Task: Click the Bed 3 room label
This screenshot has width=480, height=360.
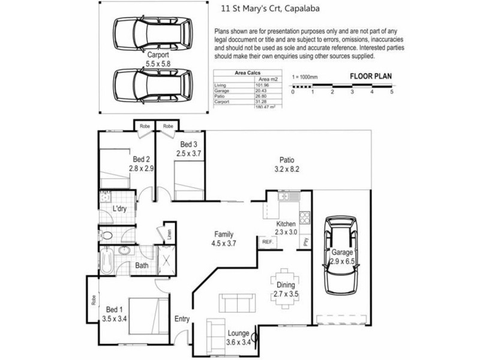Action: (x=188, y=149)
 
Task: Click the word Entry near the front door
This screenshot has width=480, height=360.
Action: (x=181, y=319)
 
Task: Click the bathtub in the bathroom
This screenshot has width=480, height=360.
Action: (x=107, y=262)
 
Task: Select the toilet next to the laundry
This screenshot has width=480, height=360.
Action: (x=107, y=235)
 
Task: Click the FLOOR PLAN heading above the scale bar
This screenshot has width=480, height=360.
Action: (x=370, y=77)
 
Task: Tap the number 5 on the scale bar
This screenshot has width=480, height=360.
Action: (x=391, y=92)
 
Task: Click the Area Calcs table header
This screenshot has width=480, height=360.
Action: (x=248, y=72)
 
